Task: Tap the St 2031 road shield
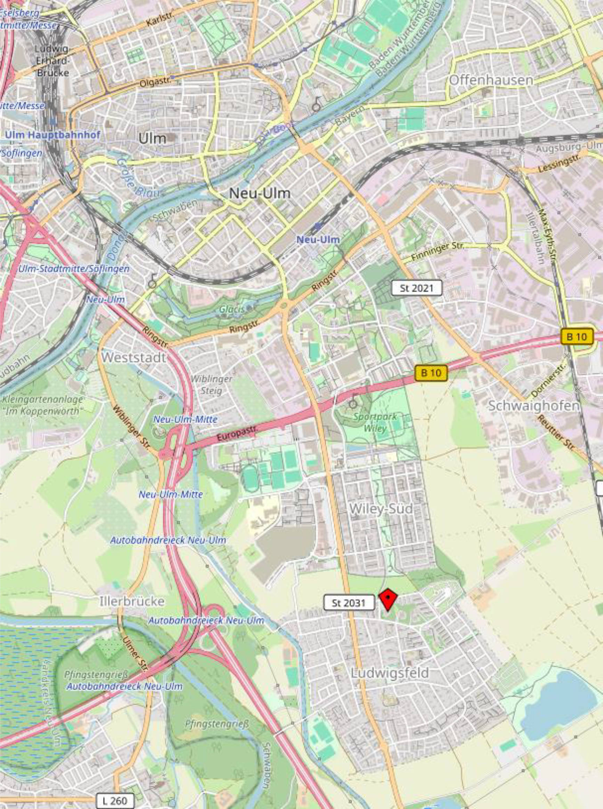click(x=349, y=603)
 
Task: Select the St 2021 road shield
click(x=416, y=288)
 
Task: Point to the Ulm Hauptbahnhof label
click(x=52, y=135)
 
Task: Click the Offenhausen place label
click(x=491, y=80)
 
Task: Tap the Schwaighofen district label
click(x=533, y=406)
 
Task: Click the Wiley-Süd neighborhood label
click(x=381, y=509)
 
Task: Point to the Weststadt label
click(x=133, y=357)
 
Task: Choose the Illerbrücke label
click(x=132, y=601)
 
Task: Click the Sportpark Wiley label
click(x=375, y=422)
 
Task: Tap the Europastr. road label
click(x=237, y=432)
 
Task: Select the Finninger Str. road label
click(x=437, y=252)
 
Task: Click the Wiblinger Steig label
click(x=211, y=385)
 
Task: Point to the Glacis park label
click(x=232, y=309)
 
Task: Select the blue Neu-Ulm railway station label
click(x=318, y=240)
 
